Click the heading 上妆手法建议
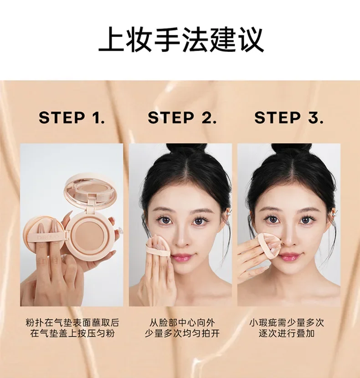click(181, 39)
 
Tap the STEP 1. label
click(72, 117)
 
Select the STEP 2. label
click(182, 117)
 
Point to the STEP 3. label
click(289, 117)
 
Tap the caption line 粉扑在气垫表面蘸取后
click(72, 322)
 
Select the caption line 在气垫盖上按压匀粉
click(72, 334)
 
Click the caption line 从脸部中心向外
click(182, 322)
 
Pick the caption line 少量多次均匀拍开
click(182, 334)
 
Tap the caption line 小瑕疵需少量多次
click(287, 322)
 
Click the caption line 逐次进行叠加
click(287, 334)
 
